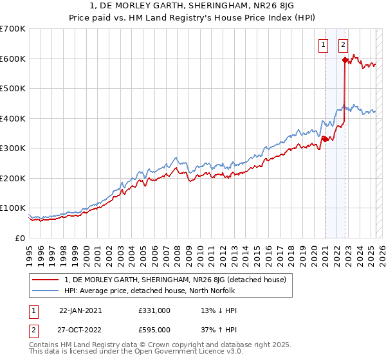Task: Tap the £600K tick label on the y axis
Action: coord(13,59)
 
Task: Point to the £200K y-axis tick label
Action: coord(13,178)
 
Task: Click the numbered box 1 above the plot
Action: coord(322,45)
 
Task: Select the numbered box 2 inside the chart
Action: coord(343,45)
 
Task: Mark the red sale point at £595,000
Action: coord(345,60)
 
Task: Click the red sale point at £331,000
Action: coord(326,139)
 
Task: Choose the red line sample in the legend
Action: coord(46,280)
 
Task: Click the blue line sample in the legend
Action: coord(46,291)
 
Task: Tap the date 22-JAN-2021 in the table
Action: coord(80,310)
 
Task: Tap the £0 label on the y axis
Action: coord(20,238)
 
